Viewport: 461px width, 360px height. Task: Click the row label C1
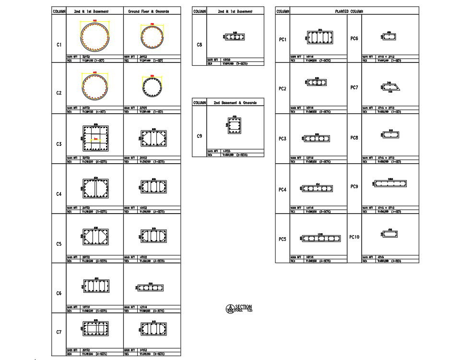coord(59,45)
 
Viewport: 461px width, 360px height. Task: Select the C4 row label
coord(59,194)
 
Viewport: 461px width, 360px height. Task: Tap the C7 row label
coord(59,332)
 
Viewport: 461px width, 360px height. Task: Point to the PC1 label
coord(283,39)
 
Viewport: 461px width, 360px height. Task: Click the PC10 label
coord(354,237)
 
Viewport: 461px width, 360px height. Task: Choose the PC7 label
coord(354,87)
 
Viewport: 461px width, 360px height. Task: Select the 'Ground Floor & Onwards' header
coord(152,11)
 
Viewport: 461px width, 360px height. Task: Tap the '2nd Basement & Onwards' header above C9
coord(235,103)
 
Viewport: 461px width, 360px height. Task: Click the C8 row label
coord(200,45)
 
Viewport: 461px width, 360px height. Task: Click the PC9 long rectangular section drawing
coord(390,184)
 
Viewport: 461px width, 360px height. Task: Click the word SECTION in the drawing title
coord(243,307)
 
